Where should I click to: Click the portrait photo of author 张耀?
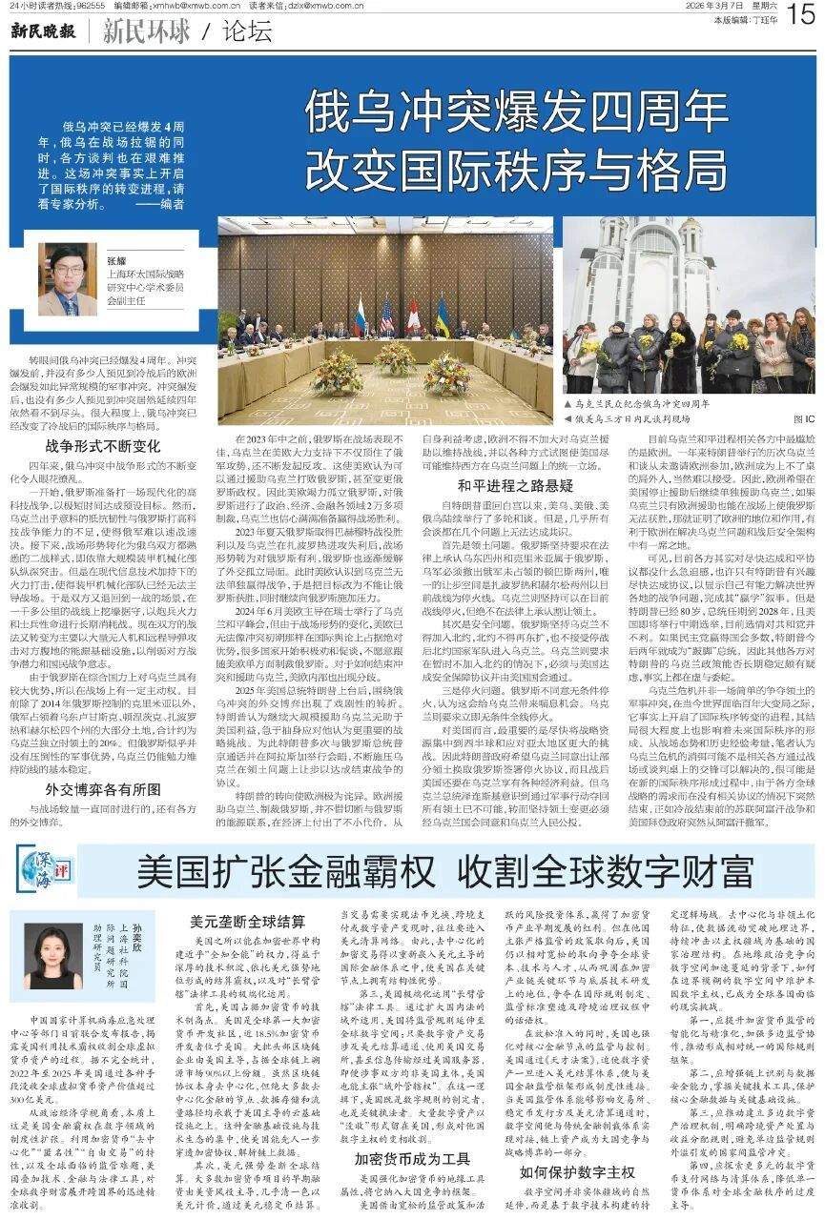pyautogui.click(x=68, y=280)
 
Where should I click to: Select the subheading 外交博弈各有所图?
pyautogui.click(x=103, y=788)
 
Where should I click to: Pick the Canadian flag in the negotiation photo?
pyautogui.click(x=414, y=316)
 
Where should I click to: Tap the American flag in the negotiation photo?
pyautogui.click(x=386, y=316)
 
